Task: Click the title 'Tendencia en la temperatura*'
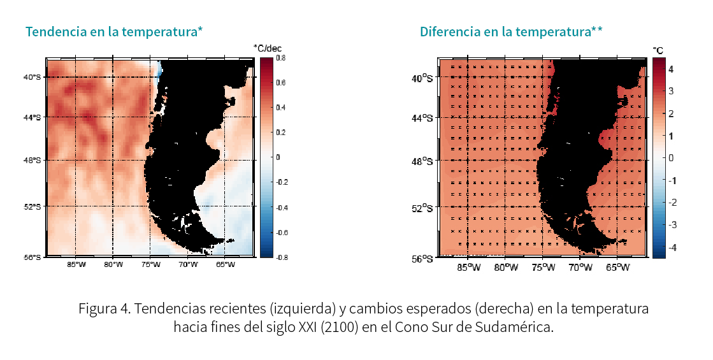(114, 31)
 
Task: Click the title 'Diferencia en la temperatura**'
(511, 31)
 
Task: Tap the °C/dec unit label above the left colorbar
(268, 48)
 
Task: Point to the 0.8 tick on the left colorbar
(280, 58)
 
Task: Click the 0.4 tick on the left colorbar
(280, 108)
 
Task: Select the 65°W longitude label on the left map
(226, 265)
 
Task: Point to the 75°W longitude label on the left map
(151, 265)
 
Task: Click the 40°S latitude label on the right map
(422, 78)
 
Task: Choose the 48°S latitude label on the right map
(422, 162)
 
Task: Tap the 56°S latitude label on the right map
(422, 259)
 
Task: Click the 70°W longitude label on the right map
(580, 268)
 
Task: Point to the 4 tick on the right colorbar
(671, 69)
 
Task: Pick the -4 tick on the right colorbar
(671, 247)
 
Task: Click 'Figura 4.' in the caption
(104, 310)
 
